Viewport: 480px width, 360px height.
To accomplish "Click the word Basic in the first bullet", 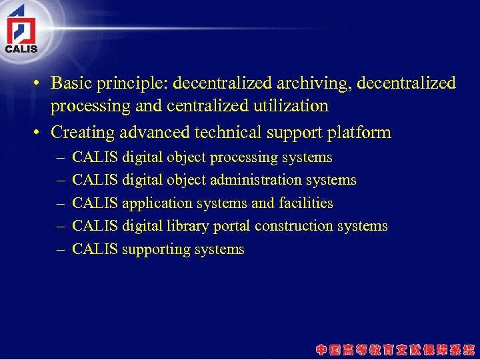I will [71, 83].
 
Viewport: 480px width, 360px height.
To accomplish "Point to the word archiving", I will [317, 84].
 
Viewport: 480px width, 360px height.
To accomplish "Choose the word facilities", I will [306, 203].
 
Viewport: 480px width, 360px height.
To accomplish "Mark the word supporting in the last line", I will [156, 250].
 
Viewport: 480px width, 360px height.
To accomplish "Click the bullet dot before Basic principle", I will [39, 84].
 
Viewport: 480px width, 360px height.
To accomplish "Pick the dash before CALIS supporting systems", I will [60, 249].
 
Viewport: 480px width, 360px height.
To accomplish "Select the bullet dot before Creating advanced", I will [39, 133].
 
